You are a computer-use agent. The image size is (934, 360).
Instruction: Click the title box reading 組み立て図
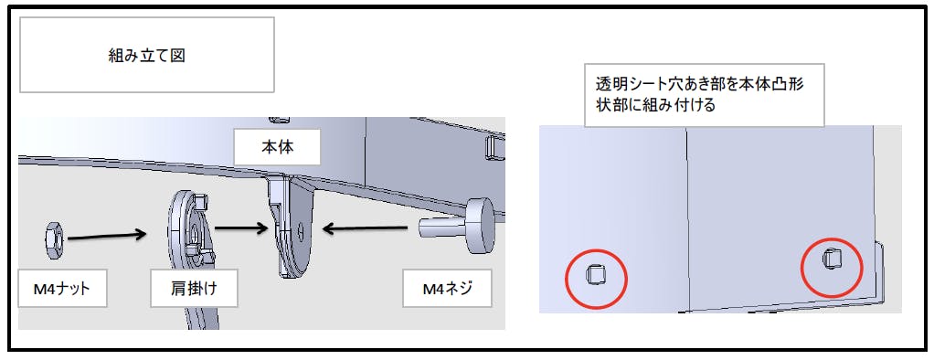146,55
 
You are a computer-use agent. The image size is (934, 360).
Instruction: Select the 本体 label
277,146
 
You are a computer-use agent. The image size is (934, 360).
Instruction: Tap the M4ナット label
62,289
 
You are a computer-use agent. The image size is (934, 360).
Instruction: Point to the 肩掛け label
194,289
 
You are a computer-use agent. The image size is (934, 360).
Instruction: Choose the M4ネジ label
446,289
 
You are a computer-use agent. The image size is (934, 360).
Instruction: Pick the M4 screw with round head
460,226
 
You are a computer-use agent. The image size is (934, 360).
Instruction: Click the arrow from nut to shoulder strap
107,236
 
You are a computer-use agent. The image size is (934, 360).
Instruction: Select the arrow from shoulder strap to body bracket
241,228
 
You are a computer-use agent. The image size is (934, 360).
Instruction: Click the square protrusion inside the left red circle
593,275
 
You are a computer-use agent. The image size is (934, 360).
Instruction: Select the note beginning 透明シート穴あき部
704,94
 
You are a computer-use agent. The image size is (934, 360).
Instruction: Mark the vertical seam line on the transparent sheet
688,219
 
